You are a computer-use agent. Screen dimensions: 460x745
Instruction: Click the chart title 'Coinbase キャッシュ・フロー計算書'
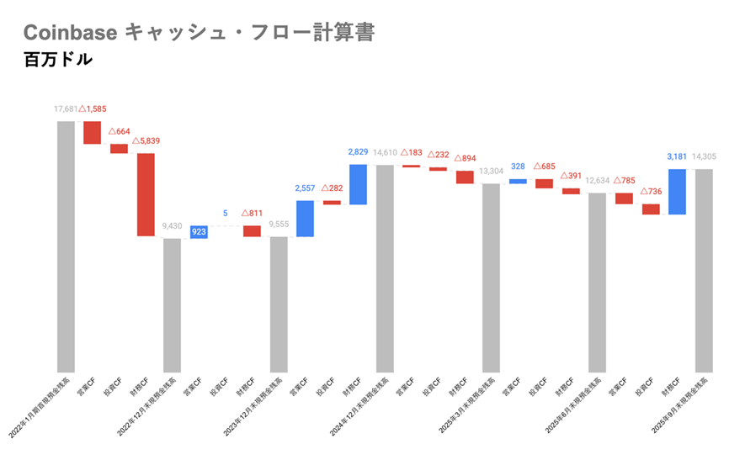coord(198,32)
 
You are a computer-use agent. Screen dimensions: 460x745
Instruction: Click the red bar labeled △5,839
coord(146,194)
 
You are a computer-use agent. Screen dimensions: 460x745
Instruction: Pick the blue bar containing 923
coord(199,231)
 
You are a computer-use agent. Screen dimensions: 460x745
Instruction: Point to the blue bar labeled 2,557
coord(305,218)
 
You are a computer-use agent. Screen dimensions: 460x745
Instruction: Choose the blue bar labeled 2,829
coord(358,184)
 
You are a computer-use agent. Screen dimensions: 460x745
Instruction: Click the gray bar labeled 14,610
coord(385,267)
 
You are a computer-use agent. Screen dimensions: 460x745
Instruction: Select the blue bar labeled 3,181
coord(677,192)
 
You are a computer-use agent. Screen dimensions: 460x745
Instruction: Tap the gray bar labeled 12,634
coord(597,282)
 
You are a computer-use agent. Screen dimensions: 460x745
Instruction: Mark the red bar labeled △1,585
coord(92,133)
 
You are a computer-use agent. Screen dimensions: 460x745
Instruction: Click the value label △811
coord(253,214)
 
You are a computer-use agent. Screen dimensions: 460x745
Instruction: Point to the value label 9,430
coord(172,226)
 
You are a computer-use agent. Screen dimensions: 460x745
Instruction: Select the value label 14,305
coord(703,156)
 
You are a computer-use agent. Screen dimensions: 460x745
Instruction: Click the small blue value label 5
coord(226,214)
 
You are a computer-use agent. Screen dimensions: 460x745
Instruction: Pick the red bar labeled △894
coord(465,177)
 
